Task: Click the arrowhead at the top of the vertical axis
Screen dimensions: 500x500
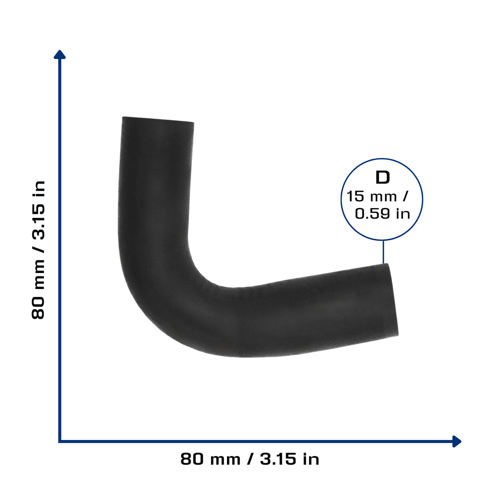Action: [60, 54]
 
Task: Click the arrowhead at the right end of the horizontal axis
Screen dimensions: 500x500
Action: [457, 441]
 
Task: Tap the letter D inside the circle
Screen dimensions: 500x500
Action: [383, 178]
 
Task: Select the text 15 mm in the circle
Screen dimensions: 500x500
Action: [372, 196]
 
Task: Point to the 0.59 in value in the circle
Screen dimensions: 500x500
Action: [382, 214]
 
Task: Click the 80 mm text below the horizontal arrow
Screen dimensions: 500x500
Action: [210, 459]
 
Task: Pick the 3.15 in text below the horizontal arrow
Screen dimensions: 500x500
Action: [290, 459]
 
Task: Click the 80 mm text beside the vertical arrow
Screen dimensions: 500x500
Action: [38, 289]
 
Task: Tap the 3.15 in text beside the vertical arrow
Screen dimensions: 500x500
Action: [38, 210]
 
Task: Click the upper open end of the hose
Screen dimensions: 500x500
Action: [158, 120]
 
